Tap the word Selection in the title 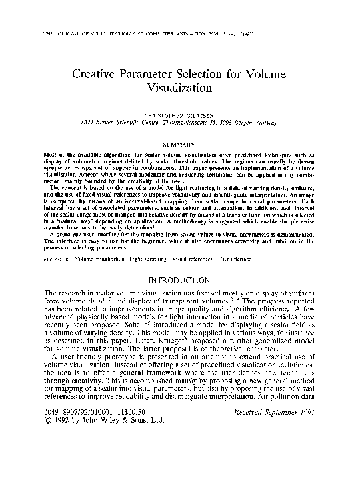[x=226, y=75]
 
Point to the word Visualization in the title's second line [x=180, y=87]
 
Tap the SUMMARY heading [x=180, y=144]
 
